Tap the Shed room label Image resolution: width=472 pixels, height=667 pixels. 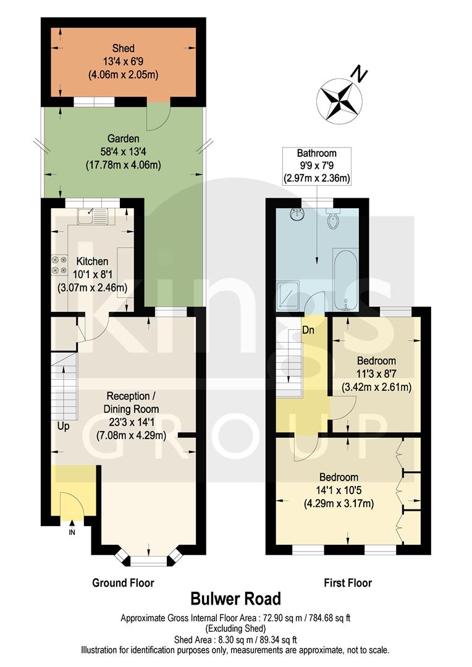click(124, 48)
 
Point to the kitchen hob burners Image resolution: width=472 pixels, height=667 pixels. click(59, 265)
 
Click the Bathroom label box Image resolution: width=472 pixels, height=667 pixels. click(316, 166)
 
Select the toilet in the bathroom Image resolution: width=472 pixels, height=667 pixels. click(334, 220)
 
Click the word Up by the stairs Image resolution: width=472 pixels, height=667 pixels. click(64, 427)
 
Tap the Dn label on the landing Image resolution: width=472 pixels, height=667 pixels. click(309, 330)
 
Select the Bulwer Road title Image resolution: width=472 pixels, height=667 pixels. click(235, 598)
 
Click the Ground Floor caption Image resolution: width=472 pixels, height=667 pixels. click(123, 582)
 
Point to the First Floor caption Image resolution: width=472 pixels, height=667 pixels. click(348, 582)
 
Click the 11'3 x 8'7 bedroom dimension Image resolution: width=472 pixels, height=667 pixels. click(376, 374)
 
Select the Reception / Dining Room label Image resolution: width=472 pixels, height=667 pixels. click(133, 402)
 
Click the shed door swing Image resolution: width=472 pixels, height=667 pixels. click(157, 115)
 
